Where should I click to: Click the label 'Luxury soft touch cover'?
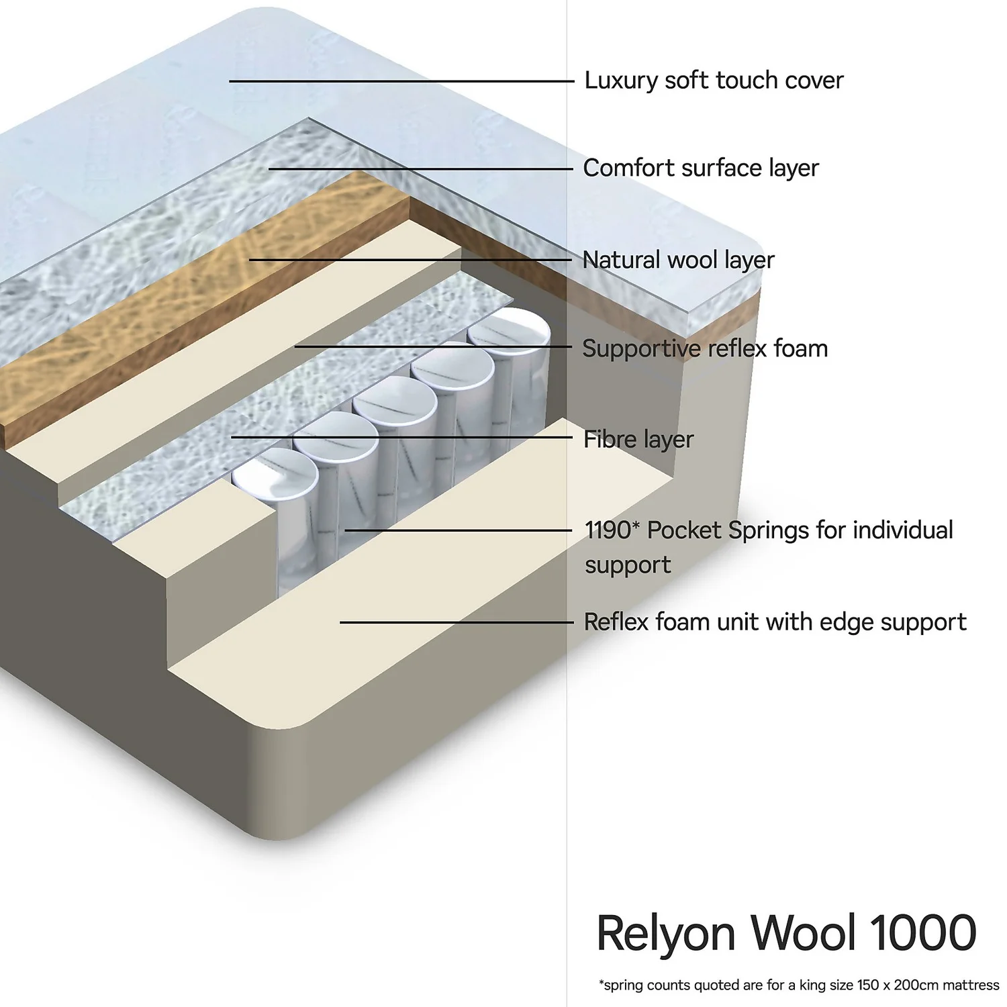[x=713, y=81]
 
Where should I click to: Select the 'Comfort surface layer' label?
[x=700, y=168]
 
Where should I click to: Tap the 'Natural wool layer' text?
[x=678, y=260]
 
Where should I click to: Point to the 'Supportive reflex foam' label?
[x=704, y=349]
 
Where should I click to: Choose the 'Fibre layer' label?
[x=638, y=440]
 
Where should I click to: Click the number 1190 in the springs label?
[x=608, y=530]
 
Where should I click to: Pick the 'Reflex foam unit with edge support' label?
[x=775, y=622]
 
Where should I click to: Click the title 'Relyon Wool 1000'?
[x=785, y=933]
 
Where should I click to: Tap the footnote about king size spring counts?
[x=798, y=986]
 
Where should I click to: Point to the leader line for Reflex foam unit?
[x=457, y=622]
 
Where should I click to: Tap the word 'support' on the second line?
[x=627, y=565]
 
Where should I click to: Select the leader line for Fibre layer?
[x=403, y=438]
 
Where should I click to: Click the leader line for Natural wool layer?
[x=410, y=259]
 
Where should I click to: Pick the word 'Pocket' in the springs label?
[x=684, y=530]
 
